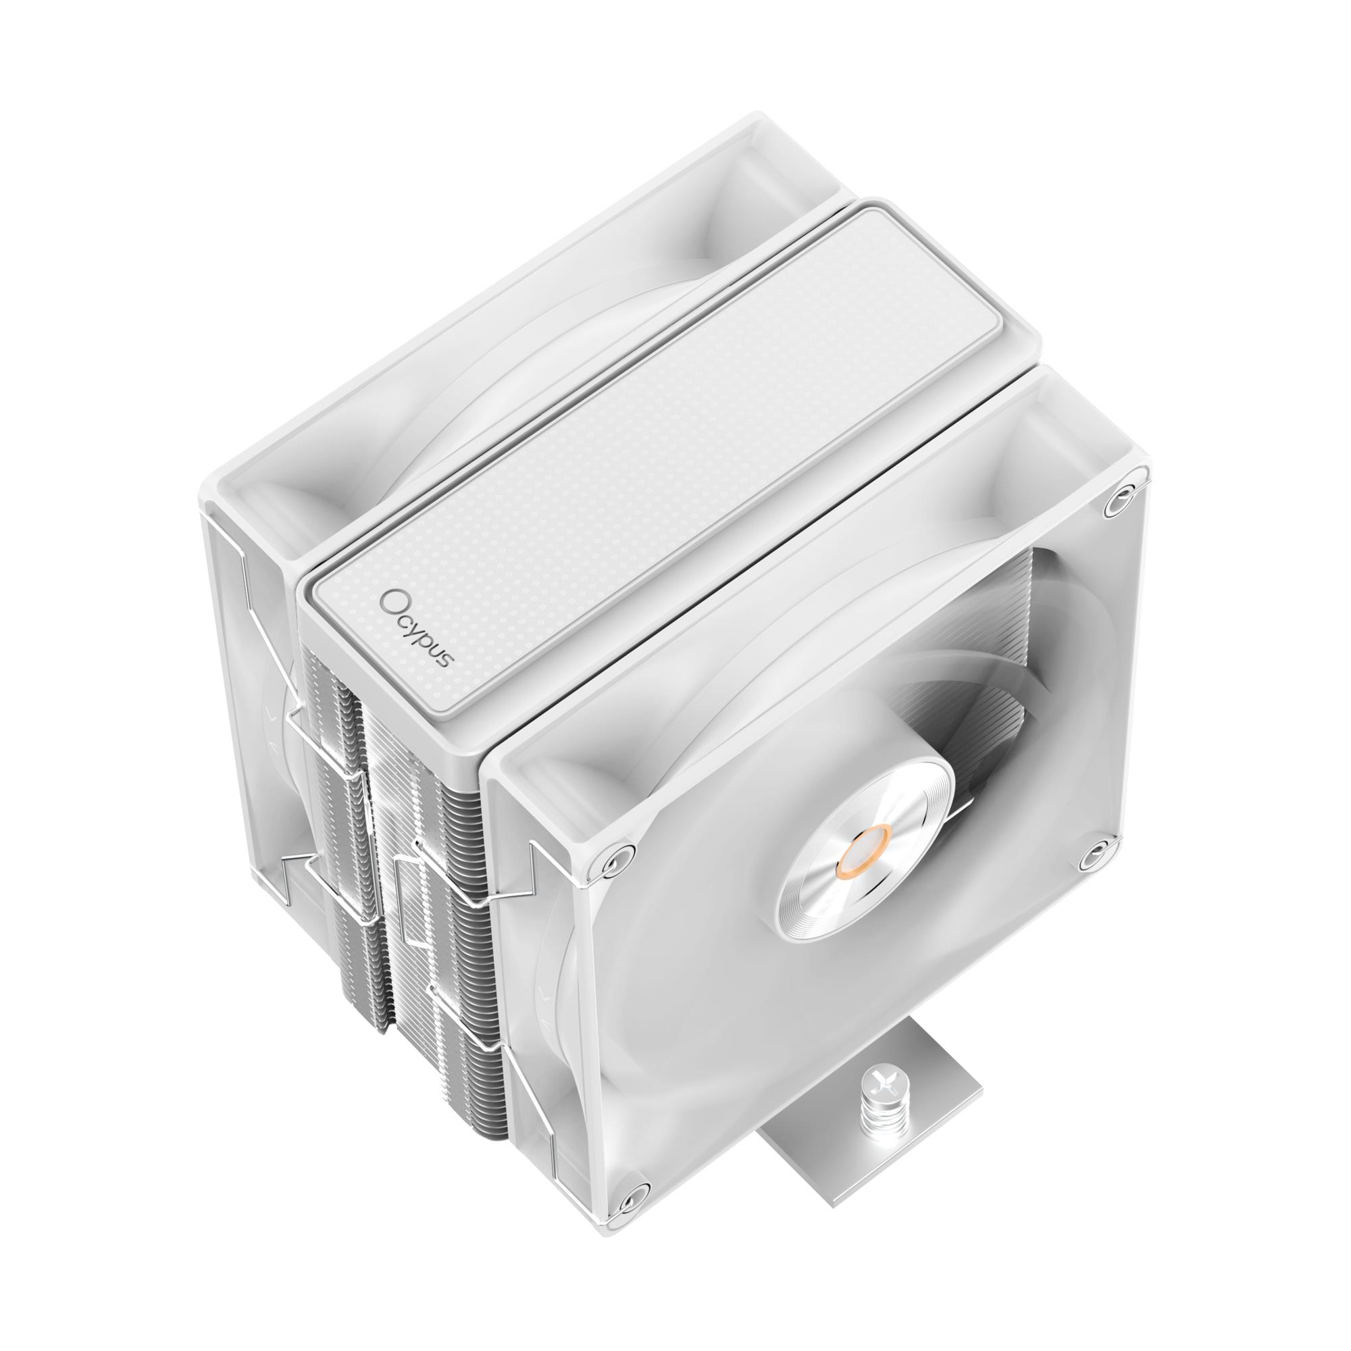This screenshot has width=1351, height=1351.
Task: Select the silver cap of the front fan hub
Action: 865,850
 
